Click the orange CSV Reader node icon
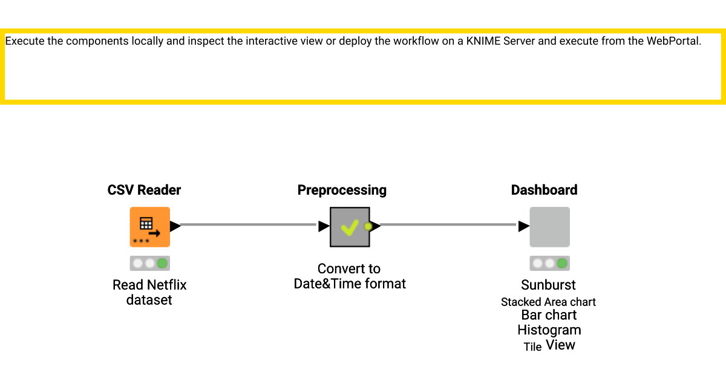[149, 227]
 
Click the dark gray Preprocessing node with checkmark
[350, 227]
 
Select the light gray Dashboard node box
[549, 227]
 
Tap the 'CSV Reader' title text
[144, 190]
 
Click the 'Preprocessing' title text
[342, 190]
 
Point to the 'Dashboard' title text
[544, 190]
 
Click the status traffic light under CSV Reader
[149, 264]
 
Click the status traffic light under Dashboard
[549, 264]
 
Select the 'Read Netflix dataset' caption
[149, 292]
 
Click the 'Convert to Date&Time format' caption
[350, 276]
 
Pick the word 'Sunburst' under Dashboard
[548, 285]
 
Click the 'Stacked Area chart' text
[548, 302]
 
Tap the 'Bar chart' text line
[549, 315]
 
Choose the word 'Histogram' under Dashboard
[549, 330]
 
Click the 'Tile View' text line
[549, 345]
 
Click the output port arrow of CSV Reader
[175, 226]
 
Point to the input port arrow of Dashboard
[523, 226]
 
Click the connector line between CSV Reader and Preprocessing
[248, 225]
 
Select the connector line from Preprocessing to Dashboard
[448, 225]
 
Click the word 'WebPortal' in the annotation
[673, 42]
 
